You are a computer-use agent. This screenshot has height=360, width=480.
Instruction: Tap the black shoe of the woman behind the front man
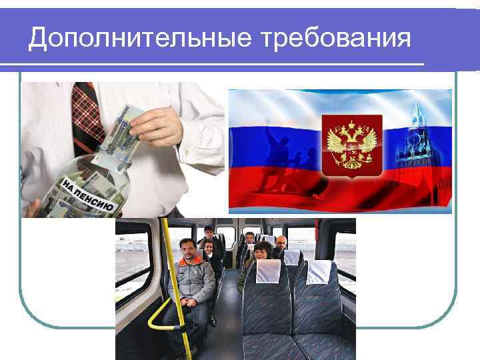coord(213,320)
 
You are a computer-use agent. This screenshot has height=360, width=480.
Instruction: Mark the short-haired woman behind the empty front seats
coord(262,252)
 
